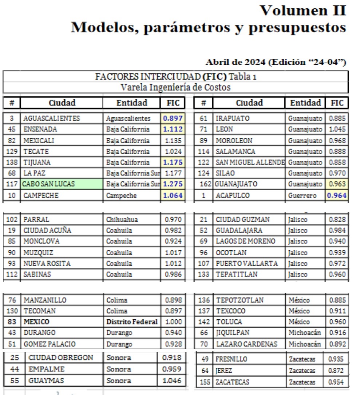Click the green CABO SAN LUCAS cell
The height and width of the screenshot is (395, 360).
click(x=62, y=184)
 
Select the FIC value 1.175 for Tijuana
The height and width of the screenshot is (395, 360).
click(x=173, y=162)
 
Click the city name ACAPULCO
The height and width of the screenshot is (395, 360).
click(x=233, y=195)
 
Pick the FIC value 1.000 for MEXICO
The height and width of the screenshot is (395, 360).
click(x=173, y=322)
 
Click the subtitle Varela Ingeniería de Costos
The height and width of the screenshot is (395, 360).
click(x=175, y=87)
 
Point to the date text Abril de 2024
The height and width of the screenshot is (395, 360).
click(x=236, y=63)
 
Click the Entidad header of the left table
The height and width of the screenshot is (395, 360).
click(x=132, y=103)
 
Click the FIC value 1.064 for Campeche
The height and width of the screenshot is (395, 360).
click(x=173, y=195)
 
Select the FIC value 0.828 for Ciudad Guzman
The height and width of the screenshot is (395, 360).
click(x=337, y=220)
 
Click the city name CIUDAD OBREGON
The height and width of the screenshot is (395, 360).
click(x=61, y=358)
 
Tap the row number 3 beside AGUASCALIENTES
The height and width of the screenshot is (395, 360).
click(x=12, y=119)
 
